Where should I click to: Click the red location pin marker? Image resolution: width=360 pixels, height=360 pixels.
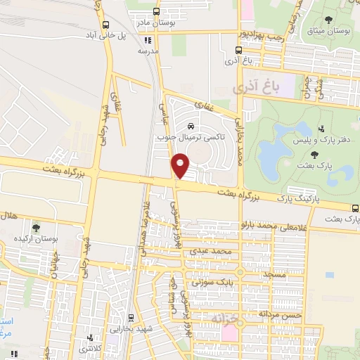click(181, 166)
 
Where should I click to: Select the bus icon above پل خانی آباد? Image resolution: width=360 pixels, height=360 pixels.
click(105, 24)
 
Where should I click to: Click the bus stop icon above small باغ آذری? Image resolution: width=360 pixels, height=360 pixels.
click(239, 51)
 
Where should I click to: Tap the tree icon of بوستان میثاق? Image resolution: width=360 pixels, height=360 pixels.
click(328, 19)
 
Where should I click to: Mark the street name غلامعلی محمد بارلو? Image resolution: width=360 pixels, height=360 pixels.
click(274, 225)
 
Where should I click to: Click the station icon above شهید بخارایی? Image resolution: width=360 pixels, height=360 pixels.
click(132, 318)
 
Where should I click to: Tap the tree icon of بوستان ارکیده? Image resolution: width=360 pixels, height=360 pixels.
click(36, 229)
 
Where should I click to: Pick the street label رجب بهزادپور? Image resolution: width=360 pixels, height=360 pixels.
click(262, 33)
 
